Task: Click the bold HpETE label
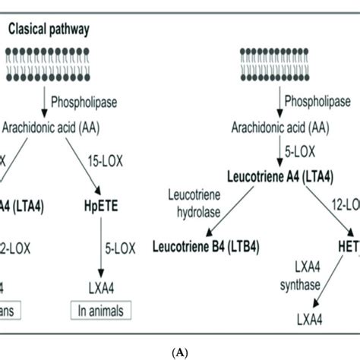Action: coord(101,204)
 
